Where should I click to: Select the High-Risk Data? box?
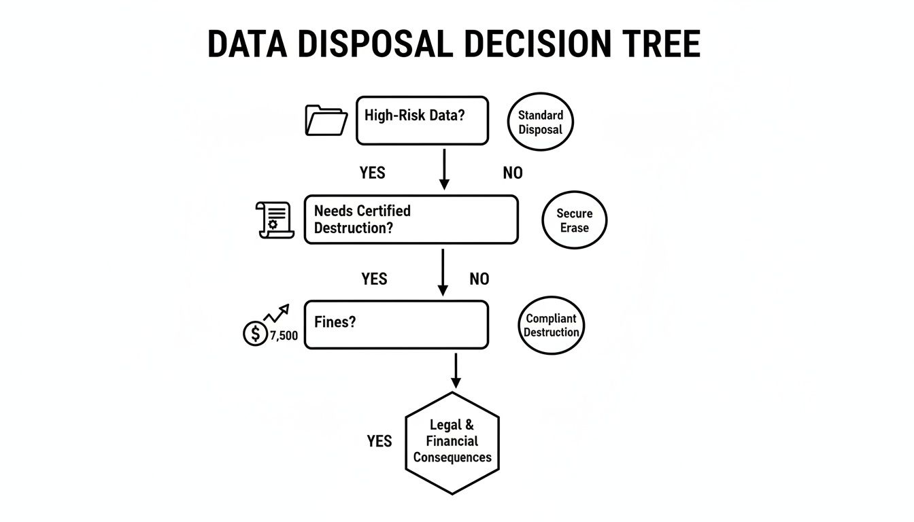point(422,120)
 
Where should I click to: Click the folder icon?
point(326,120)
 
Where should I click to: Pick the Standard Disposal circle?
point(541,122)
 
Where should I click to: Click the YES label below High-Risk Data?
point(372,173)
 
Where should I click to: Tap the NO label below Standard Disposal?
point(513,173)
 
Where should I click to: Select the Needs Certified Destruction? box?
point(411,220)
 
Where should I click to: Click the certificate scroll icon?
point(275,220)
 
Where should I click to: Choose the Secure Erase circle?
point(574,220)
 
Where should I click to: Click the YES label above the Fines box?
point(374,279)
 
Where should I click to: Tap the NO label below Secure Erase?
point(479,279)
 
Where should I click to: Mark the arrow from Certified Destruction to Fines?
point(443,271)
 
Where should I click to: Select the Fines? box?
point(396,325)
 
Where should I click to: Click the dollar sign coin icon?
point(255,334)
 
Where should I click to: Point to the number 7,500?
point(284,335)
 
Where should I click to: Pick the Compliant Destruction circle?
point(551,326)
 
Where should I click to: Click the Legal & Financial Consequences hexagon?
point(452,442)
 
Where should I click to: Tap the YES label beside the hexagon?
point(379,442)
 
